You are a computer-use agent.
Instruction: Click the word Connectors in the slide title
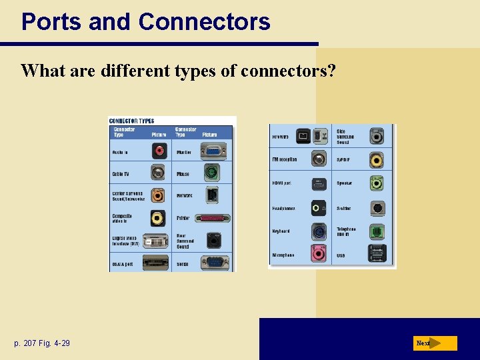pyautogui.click(x=204, y=22)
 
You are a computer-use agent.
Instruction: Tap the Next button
pyautogui.click(x=435, y=343)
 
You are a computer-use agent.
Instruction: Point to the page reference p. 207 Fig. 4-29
pyautogui.click(x=41, y=343)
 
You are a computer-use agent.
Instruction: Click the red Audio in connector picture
pyautogui.click(x=159, y=151)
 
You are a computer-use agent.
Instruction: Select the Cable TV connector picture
pyautogui.click(x=159, y=173)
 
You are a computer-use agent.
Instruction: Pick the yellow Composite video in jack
pyautogui.click(x=159, y=217)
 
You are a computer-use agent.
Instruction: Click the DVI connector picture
pyautogui.click(x=156, y=240)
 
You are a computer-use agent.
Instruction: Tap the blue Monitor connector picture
pyautogui.click(x=213, y=151)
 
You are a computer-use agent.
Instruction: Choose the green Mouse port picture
pyautogui.click(x=213, y=173)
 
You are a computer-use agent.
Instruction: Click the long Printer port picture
pyautogui.click(x=213, y=218)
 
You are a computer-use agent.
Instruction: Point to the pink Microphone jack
pyautogui.click(x=319, y=254)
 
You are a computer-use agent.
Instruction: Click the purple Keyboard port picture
pyautogui.click(x=319, y=231)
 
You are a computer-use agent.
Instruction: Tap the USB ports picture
pyautogui.click(x=377, y=254)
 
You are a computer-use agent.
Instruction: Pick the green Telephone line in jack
pyautogui.click(x=377, y=231)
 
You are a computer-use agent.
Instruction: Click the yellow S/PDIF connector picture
pyautogui.click(x=377, y=161)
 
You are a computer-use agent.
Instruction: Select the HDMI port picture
pyautogui.click(x=319, y=183)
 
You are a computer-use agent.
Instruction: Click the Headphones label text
pyautogui.click(x=283, y=209)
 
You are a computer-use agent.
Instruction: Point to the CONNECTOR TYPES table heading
pyautogui.click(x=131, y=121)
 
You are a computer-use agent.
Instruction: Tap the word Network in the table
pyautogui.click(x=185, y=195)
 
